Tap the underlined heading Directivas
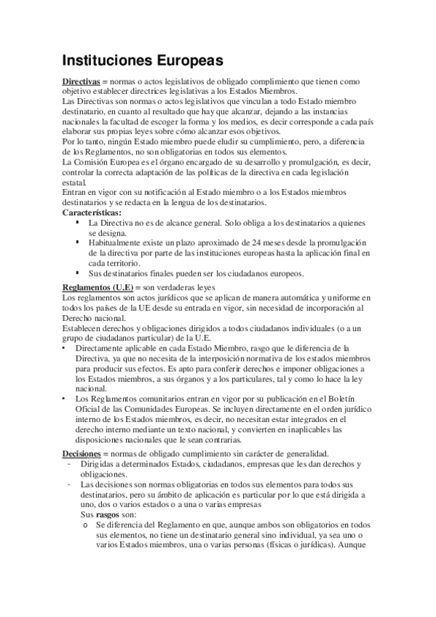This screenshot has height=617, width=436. tap(81, 82)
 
